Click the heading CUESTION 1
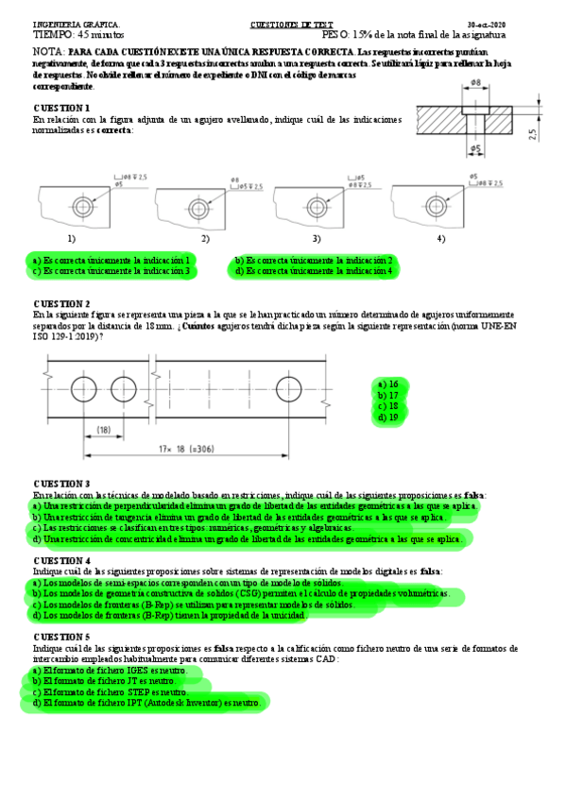[61, 109]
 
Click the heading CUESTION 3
[61, 483]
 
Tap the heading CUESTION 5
[61, 638]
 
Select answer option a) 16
[387, 383]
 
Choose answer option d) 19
[387, 417]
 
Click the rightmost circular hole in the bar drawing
[288, 388]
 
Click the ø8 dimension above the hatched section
[475, 84]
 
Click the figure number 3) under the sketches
[317, 239]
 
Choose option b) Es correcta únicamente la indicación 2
[314, 260]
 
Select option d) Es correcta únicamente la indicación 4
[314, 271]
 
